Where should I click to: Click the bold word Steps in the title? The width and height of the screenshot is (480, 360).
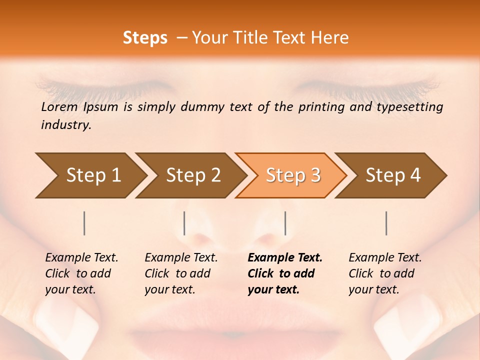145,38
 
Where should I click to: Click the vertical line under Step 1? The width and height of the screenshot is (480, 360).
84,223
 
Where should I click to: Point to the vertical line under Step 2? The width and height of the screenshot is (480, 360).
184,223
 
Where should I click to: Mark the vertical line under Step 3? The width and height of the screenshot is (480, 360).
285,223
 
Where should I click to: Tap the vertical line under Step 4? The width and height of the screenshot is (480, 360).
386,223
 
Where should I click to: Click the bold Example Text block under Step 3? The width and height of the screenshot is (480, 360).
285,273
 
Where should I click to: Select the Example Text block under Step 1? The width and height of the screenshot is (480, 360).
81,273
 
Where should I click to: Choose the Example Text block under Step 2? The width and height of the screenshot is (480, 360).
181,273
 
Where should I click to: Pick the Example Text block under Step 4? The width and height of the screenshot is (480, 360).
385,273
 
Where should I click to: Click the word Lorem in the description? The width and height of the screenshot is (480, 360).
59,107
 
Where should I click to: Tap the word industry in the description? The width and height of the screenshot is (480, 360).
66,125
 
